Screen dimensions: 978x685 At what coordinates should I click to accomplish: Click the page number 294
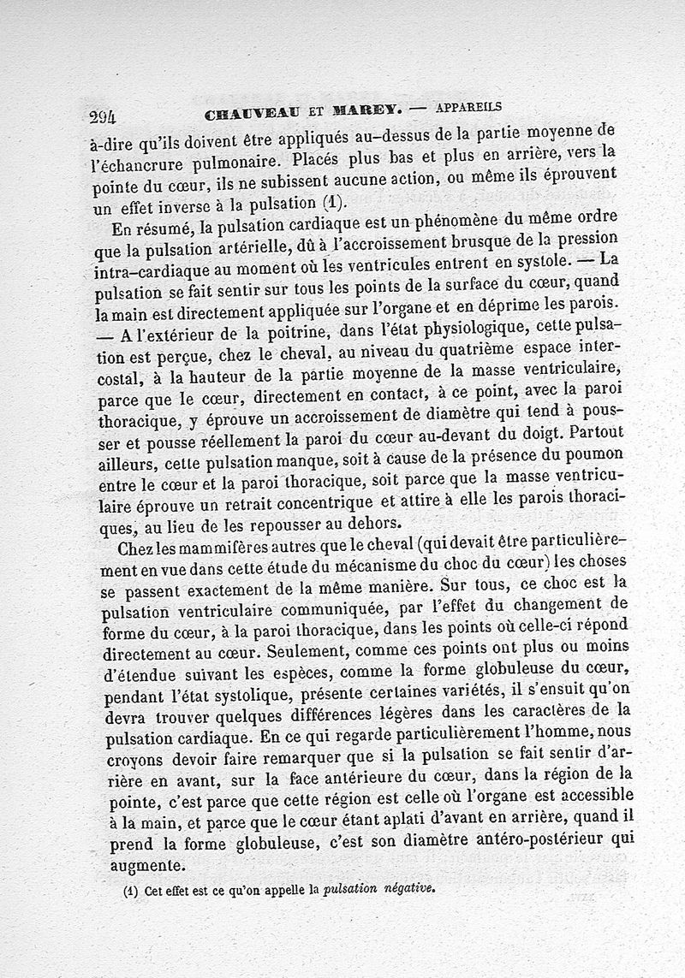point(102,117)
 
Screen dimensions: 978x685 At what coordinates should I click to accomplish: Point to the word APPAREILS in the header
point(468,107)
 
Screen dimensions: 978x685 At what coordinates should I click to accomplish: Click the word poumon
point(593,453)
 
